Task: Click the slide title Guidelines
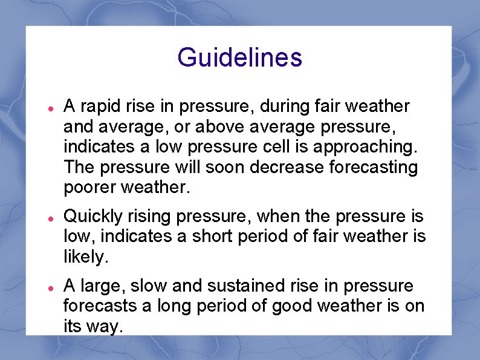(x=239, y=57)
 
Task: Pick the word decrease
(x=293, y=168)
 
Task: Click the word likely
(x=85, y=257)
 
